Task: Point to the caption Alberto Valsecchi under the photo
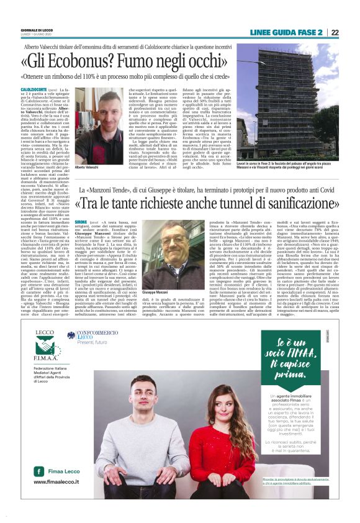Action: tap(87, 168)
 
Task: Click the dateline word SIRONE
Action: tap(81, 222)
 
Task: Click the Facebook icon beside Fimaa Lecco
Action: tap(39, 471)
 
